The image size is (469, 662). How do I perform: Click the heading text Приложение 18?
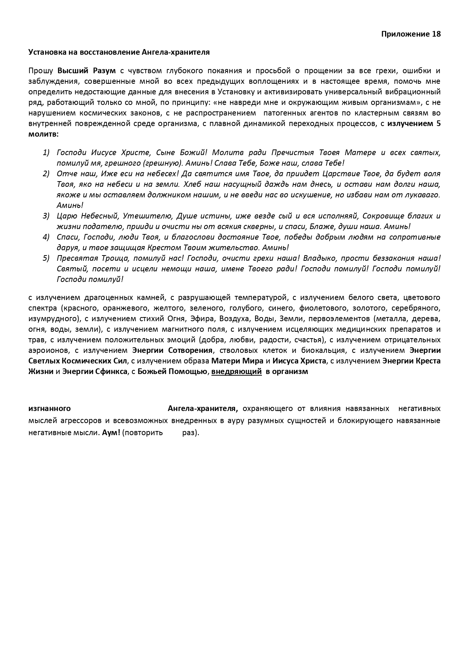point(411,34)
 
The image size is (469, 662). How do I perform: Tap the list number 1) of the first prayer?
point(46,152)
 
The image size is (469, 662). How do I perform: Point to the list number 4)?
point(46,237)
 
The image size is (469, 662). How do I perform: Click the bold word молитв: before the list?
point(43,134)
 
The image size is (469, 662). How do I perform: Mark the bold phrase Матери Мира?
point(237,361)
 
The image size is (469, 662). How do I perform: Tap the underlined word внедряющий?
point(236,371)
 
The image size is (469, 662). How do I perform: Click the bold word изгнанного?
point(50,409)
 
